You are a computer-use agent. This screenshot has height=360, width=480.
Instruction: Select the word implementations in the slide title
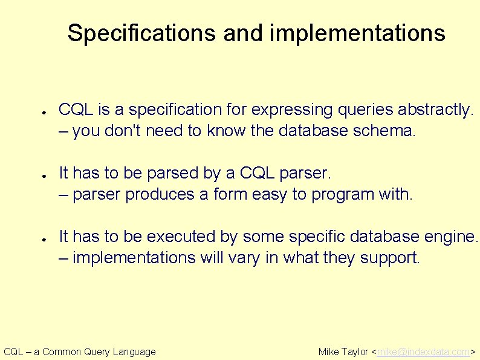click(357, 33)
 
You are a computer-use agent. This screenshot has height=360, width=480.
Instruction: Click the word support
click(389, 258)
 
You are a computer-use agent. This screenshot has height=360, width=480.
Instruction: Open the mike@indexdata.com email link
click(423, 352)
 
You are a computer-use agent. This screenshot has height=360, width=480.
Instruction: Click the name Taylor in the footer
click(356, 352)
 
